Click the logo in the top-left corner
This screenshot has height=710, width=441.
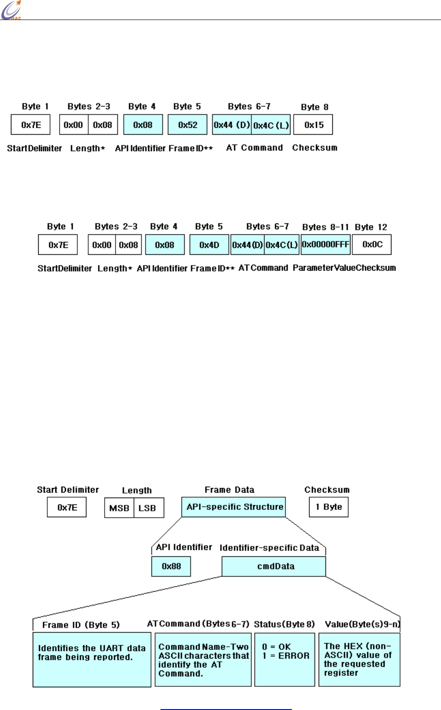[11, 10]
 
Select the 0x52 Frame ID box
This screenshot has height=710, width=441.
[187, 125]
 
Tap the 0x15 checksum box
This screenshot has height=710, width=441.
[313, 125]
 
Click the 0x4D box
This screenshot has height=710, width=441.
[209, 245]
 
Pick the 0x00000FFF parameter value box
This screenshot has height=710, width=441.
[326, 244]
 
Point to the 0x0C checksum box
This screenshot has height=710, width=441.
[372, 244]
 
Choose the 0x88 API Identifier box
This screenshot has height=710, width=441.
[171, 566]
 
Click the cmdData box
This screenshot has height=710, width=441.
[274, 566]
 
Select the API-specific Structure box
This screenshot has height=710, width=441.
[234, 507]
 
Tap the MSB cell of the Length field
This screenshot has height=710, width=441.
[119, 508]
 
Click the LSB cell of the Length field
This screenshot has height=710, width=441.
[148, 508]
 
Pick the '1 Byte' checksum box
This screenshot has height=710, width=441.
[329, 507]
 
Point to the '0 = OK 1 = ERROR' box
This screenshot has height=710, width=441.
[285, 660]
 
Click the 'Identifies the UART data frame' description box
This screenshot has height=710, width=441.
[92, 660]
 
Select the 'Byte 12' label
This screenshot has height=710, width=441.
[371, 227]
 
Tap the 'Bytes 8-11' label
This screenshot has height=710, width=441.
[326, 227]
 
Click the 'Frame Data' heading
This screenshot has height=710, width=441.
[230, 490]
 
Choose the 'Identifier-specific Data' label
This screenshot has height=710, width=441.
[270, 548]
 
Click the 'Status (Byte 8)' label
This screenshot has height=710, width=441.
[284, 624]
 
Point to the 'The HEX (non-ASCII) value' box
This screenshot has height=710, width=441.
[359, 660]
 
